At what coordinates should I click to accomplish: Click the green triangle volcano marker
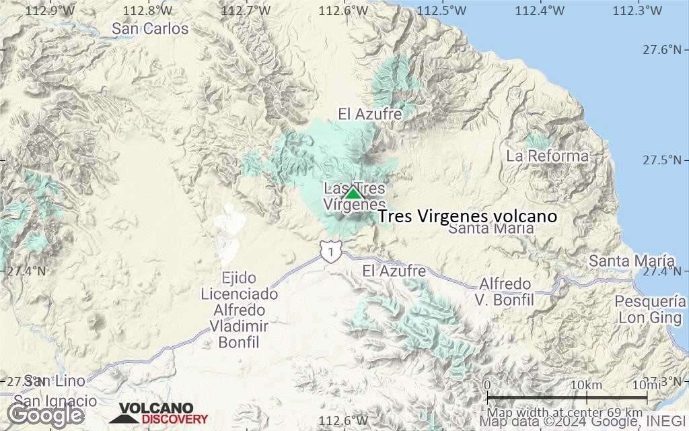(x=353, y=193)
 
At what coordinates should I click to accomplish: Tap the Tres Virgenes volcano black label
(x=468, y=216)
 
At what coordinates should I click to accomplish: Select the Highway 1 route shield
(x=329, y=251)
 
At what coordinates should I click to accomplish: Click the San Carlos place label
(x=150, y=29)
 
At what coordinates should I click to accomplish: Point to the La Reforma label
(x=548, y=156)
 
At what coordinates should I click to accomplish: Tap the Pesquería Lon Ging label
(x=650, y=310)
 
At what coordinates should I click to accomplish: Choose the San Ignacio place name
(x=55, y=401)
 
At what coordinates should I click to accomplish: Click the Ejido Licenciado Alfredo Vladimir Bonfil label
(x=240, y=310)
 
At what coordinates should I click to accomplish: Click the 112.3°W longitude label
(x=638, y=11)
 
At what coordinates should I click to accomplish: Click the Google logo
(x=45, y=415)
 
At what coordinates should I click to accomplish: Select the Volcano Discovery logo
(x=159, y=413)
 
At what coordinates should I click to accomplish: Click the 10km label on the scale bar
(x=585, y=385)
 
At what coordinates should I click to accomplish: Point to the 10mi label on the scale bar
(x=645, y=385)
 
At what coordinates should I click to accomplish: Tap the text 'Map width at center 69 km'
(x=565, y=412)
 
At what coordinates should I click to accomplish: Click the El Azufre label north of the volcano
(x=370, y=114)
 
